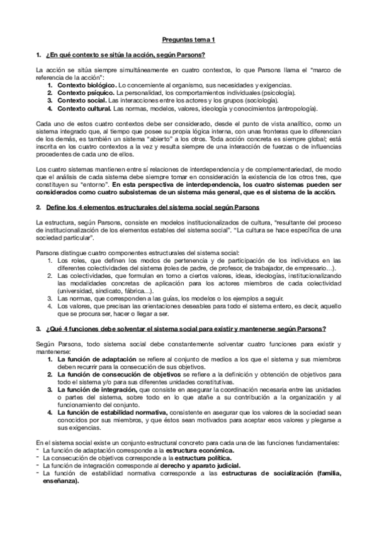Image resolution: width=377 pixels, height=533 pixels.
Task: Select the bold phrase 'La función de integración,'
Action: click(93, 390)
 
